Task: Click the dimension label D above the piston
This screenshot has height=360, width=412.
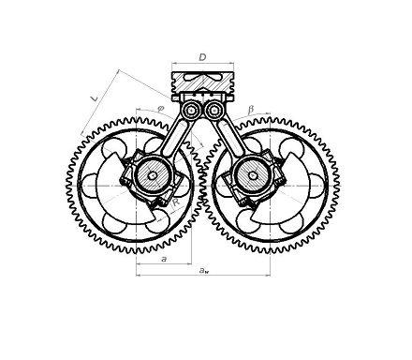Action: coord(202,57)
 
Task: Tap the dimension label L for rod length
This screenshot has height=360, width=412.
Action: coord(94,98)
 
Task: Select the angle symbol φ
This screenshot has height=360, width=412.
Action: coord(160,109)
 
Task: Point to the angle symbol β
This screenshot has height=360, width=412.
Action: coord(251,110)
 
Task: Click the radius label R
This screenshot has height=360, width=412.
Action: coord(176,202)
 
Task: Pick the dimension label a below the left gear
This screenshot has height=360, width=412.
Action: coord(164,259)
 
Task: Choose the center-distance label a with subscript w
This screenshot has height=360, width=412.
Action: coord(204,270)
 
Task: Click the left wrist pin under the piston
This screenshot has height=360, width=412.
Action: coord(191,111)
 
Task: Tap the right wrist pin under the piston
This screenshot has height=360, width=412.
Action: coord(213,111)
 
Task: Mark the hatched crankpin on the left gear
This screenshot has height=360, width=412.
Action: coord(153,175)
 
